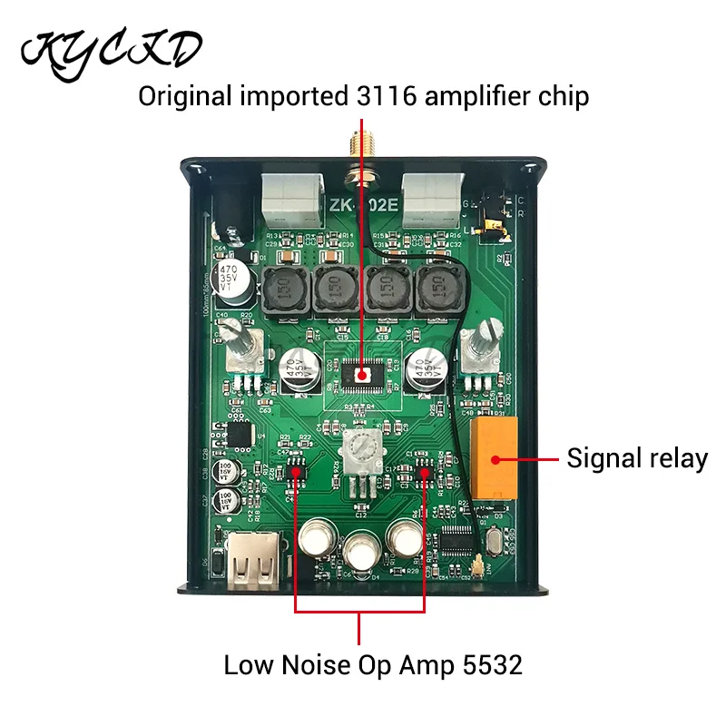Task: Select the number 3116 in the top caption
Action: [381, 95]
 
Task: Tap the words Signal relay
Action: [637, 458]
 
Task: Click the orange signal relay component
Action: [495, 454]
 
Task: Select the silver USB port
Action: [253, 561]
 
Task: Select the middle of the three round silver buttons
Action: [362, 551]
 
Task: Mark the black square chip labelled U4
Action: [242, 436]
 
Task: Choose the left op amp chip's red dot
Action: [297, 465]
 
